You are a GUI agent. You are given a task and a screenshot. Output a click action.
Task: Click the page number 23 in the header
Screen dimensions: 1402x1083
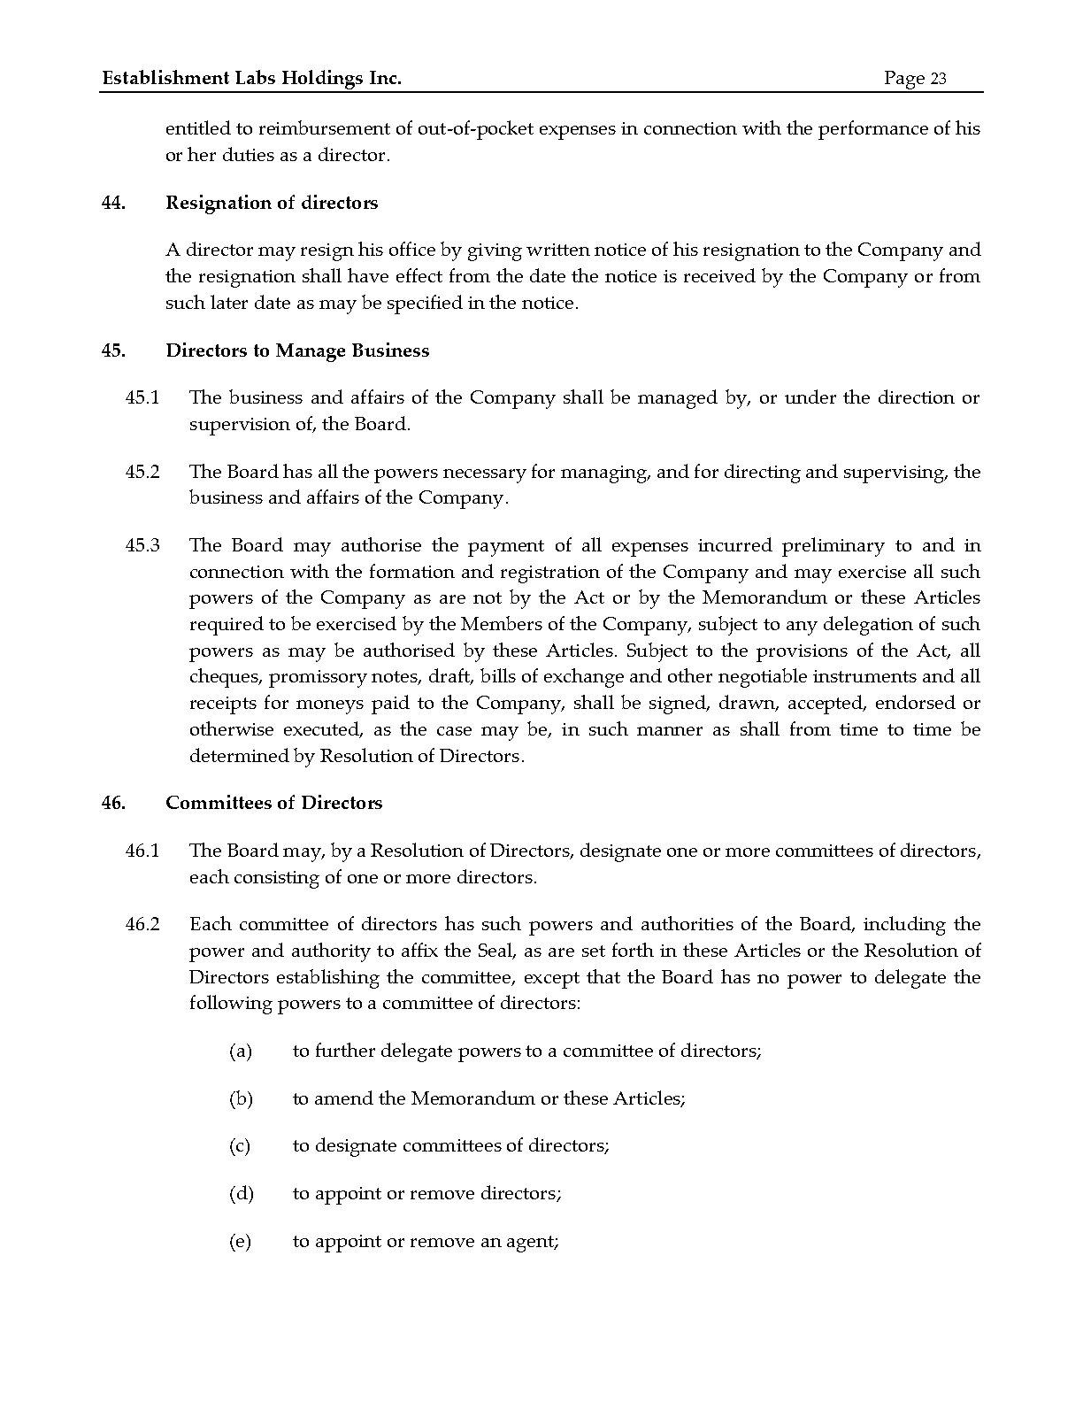coord(938,79)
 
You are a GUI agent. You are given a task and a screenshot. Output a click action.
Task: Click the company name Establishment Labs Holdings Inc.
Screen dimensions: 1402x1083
coord(252,79)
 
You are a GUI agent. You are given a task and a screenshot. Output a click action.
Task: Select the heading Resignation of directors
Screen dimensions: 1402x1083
coord(272,203)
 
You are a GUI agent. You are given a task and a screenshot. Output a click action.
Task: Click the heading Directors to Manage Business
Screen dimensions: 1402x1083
coord(297,350)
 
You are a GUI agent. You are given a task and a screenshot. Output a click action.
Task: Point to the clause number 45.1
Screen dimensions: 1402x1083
coord(142,398)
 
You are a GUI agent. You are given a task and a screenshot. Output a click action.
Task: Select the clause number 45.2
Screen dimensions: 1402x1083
coord(142,472)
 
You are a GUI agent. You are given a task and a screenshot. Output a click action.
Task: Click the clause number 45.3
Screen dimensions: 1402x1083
coord(142,546)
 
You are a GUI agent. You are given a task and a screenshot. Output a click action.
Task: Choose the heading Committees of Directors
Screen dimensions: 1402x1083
coord(274,803)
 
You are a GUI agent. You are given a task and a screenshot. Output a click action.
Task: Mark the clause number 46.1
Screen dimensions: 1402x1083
coord(142,851)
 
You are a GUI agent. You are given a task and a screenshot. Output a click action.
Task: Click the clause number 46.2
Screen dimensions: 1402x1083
coord(142,925)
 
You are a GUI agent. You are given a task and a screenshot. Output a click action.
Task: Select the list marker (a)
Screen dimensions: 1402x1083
coord(241,1051)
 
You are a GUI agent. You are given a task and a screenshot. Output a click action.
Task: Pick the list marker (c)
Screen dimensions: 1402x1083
coord(240,1146)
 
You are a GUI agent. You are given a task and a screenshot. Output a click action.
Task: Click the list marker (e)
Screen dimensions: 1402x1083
coord(240,1242)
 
